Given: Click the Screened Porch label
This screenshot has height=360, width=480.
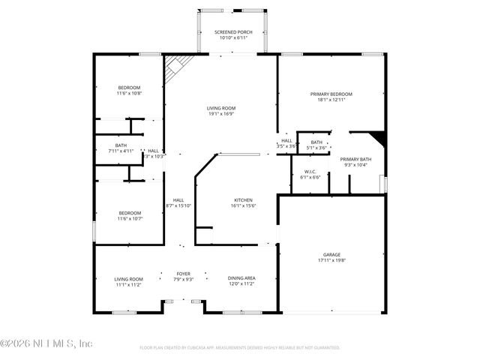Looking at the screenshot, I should [x=232, y=32].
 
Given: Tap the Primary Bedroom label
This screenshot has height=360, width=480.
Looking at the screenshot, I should [x=331, y=94].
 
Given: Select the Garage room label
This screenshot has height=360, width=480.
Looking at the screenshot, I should [x=331, y=255].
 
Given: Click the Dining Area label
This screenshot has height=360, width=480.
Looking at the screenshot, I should [x=241, y=279].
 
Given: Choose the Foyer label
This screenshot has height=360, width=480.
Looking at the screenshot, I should [x=184, y=274].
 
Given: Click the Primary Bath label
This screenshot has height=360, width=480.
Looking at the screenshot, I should [x=355, y=159].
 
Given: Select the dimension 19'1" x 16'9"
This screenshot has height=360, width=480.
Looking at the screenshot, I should [x=221, y=114].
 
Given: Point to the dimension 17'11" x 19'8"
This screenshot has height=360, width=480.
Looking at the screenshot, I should [x=331, y=260].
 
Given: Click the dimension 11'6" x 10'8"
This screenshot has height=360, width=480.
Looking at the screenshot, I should [x=129, y=94].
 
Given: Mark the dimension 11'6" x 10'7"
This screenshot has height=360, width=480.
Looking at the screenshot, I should [x=129, y=219].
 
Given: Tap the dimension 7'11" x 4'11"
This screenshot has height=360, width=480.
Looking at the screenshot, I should [x=121, y=151].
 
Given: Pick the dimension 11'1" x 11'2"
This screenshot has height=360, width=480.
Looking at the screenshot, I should [x=128, y=285].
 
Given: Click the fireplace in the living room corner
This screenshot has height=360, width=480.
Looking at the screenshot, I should [x=175, y=68].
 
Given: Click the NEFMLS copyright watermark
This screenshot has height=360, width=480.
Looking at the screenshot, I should [x=46, y=343].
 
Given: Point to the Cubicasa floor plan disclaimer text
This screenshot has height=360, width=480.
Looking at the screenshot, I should [x=240, y=347].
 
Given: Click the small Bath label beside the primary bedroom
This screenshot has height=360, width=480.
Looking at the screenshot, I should [x=316, y=142].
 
